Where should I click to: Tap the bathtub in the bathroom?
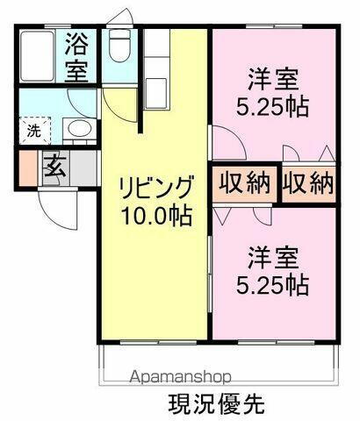38,57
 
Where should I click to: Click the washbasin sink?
78,131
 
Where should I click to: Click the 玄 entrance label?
55,165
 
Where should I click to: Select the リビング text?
153,188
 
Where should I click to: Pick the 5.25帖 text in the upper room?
275,109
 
